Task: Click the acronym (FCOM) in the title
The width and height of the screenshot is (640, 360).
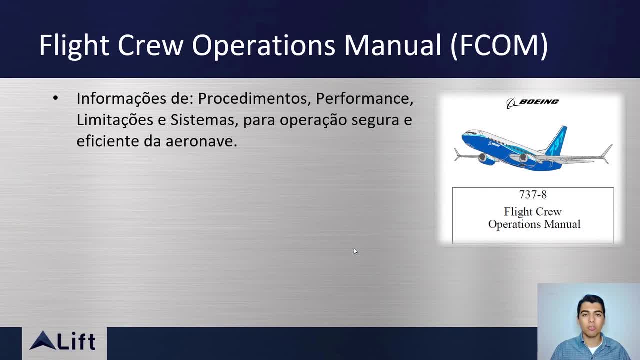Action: [499, 45]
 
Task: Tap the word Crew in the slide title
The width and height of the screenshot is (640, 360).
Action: [150, 45]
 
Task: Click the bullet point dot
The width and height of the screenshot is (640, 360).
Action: [55, 98]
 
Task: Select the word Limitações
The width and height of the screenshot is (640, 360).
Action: [115, 120]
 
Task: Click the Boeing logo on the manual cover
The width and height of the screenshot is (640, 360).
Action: [533, 103]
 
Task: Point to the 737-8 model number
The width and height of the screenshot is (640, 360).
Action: [533, 195]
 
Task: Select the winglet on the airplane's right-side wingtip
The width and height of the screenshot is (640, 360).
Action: [606, 154]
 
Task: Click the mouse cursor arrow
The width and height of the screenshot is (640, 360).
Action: [355, 251]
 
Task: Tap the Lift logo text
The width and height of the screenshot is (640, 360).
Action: [76, 341]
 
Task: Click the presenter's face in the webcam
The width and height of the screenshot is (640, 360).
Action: [591, 319]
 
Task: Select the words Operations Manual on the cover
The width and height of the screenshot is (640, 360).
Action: [534, 225]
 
